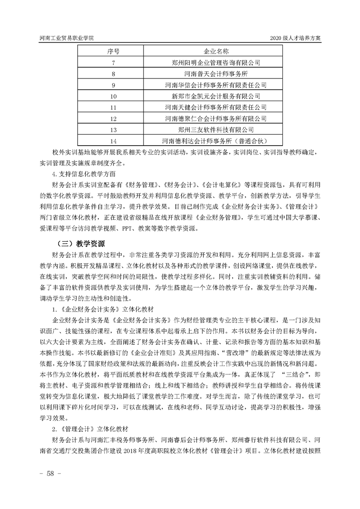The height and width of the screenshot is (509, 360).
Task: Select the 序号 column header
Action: tap(113, 50)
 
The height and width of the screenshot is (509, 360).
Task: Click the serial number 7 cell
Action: tap(113, 62)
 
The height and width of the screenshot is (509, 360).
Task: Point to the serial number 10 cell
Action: tap(113, 96)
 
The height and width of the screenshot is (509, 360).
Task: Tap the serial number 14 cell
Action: tap(113, 141)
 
